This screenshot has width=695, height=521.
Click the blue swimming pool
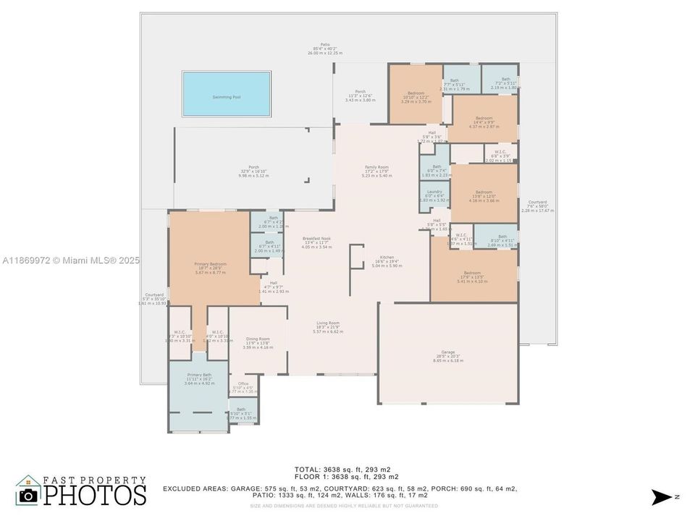[227, 95]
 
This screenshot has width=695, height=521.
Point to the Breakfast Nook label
[316, 242]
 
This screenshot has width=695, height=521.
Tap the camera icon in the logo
[28, 495]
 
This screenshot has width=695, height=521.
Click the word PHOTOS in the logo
[93, 495]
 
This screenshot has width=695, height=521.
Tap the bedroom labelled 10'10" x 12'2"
[416, 97]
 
